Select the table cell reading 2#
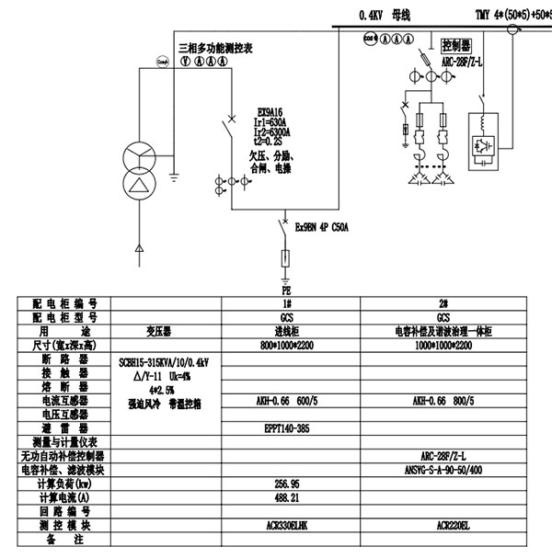coord(443,303)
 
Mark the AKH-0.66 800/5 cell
coord(443,402)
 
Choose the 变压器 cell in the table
coord(163,331)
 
